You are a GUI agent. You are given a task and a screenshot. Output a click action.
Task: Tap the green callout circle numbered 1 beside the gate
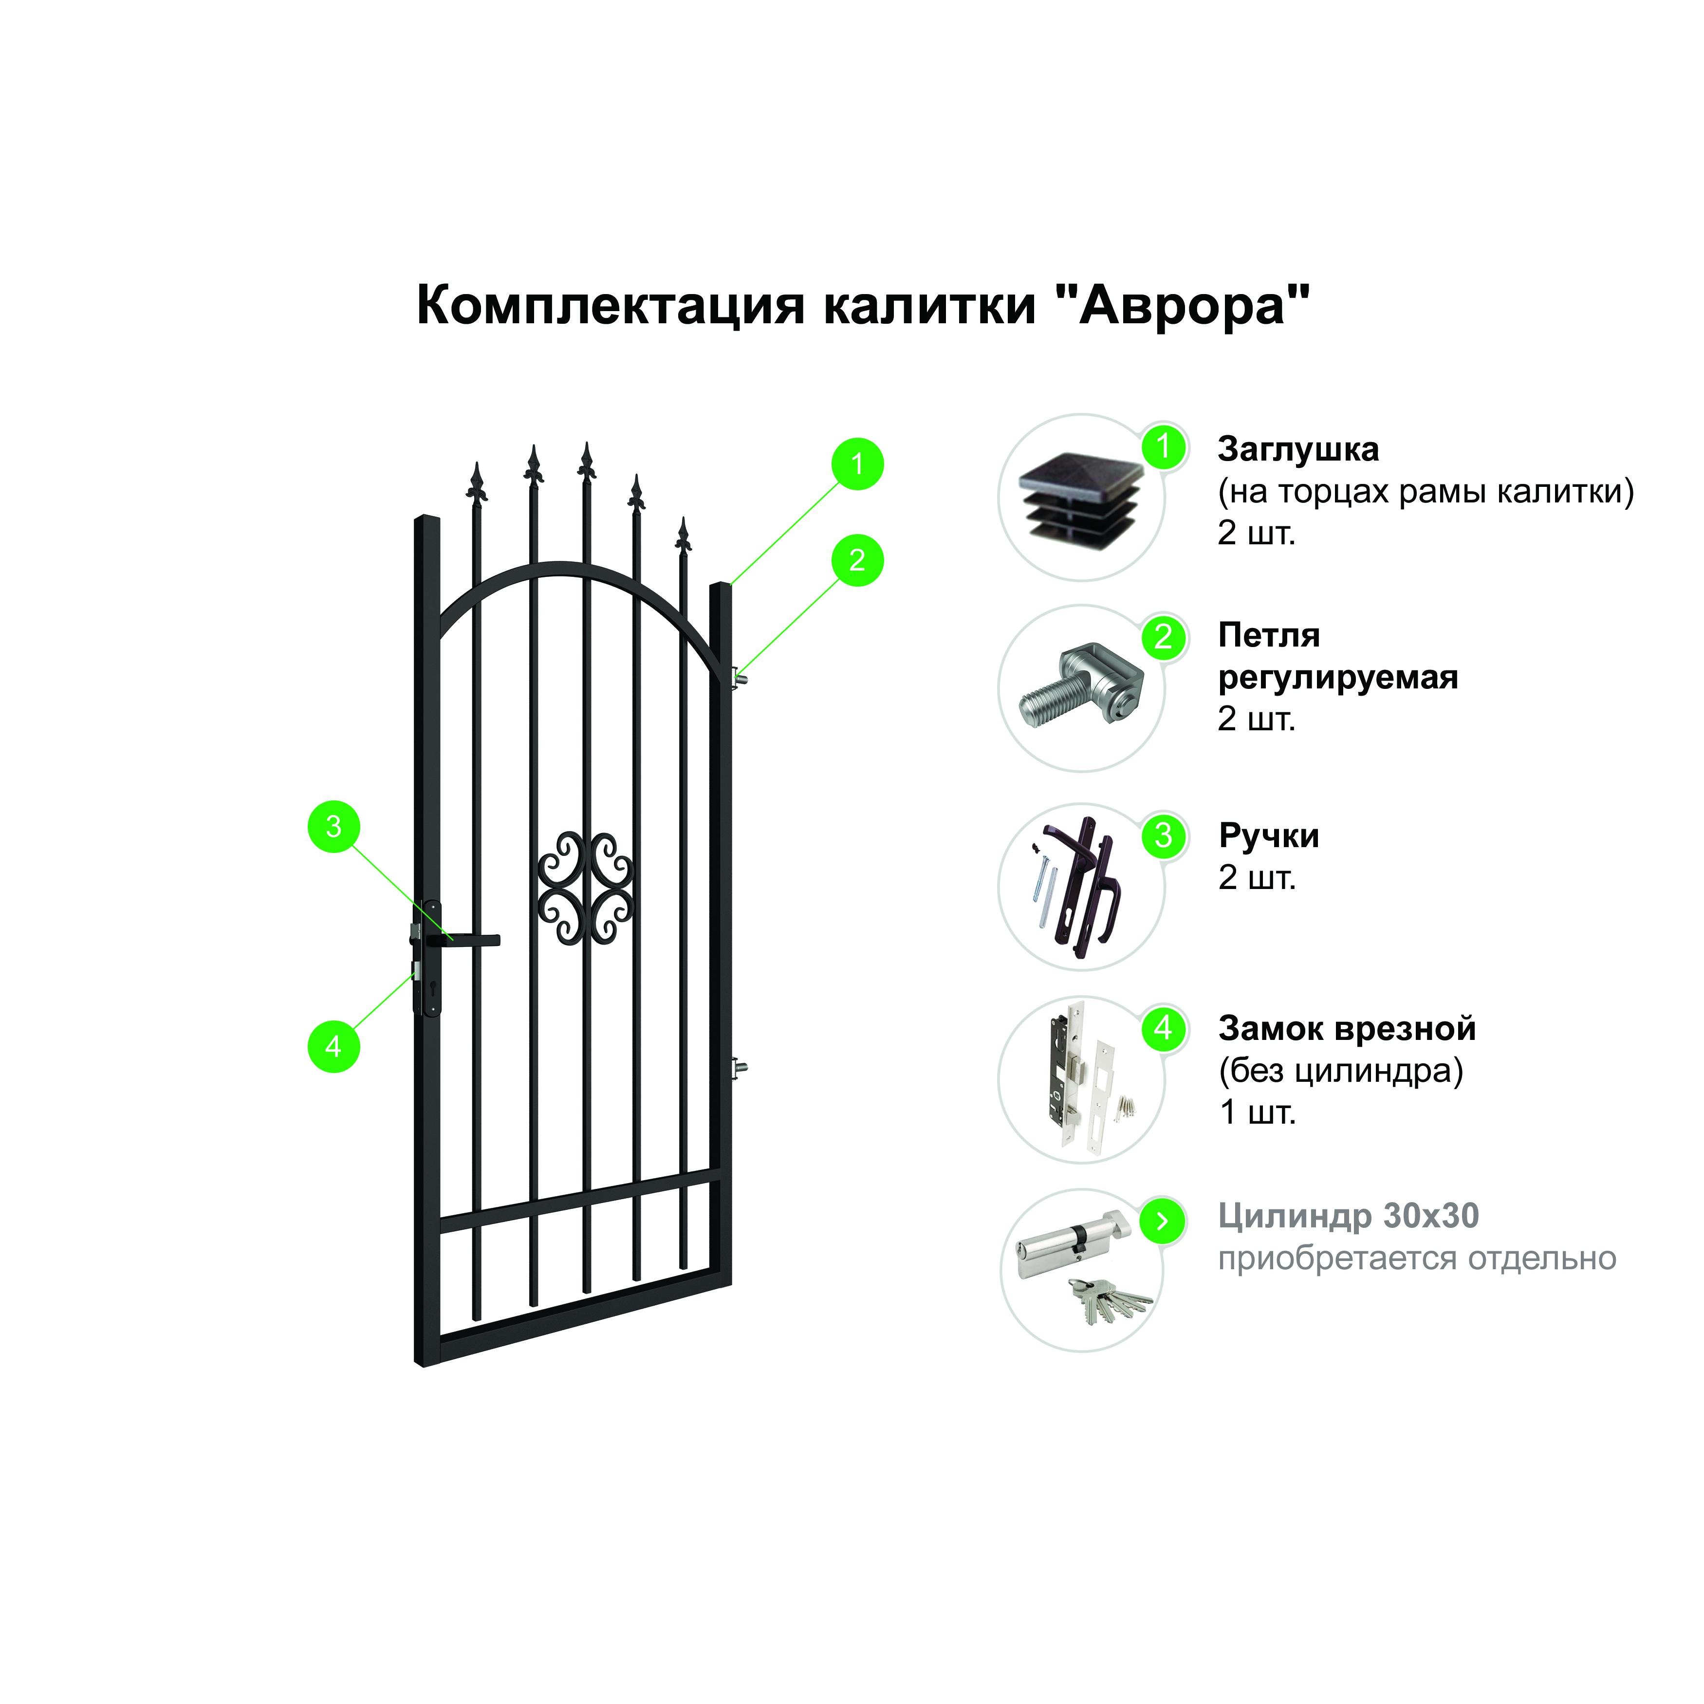pyautogui.click(x=857, y=464)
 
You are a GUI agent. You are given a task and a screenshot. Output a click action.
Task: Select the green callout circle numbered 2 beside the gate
pyautogui.click(x=857, y=560)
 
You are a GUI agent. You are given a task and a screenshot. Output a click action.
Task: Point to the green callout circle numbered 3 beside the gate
pyautogui.click(x=333, y=826)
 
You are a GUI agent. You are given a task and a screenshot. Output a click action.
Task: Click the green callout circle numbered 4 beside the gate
pyautogui.click(x=333, y=1046)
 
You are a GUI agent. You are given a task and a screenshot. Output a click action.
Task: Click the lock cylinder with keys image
pyautogui.click(x=1083, y=1270)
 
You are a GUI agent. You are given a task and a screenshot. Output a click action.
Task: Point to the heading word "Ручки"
pyautogui.click(x=1269, y=836)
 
